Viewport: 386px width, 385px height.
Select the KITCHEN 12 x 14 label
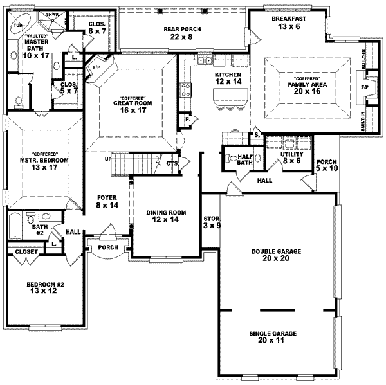click(228, 78)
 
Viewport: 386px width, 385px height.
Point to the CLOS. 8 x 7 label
click(97, 28)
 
